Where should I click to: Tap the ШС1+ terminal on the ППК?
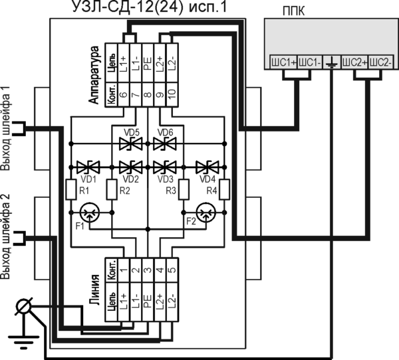point(283,62)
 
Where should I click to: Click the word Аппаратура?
point(94,74)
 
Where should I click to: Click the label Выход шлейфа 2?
point(7,236)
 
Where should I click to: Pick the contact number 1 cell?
point(124,270)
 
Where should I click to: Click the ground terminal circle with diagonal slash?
point(24,307)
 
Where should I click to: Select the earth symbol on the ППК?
point(331,62)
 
